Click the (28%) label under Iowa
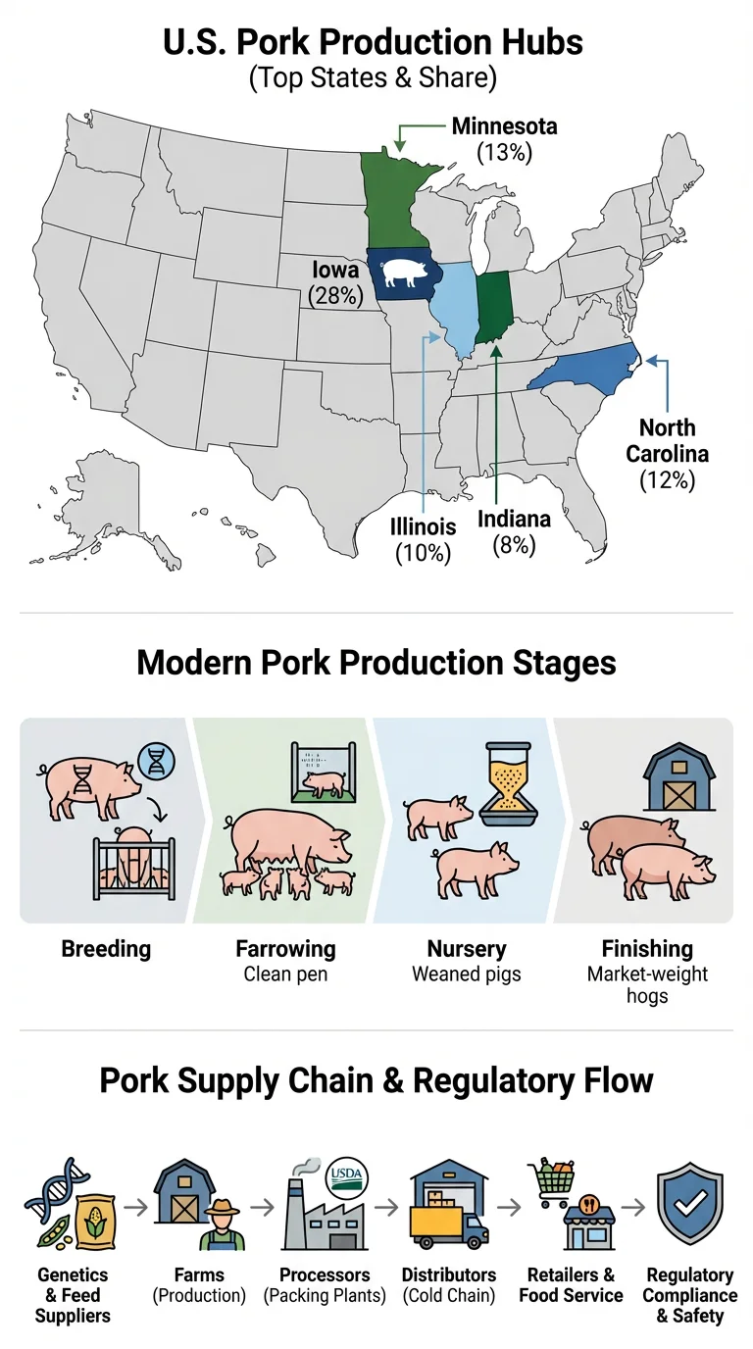(335, 294)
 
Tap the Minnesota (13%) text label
(504, 139)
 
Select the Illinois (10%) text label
(423, 539)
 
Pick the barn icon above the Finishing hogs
(678, 780)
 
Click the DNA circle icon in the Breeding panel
(155, 761)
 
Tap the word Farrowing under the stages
(285, 949)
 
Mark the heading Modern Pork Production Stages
(376, 663)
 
